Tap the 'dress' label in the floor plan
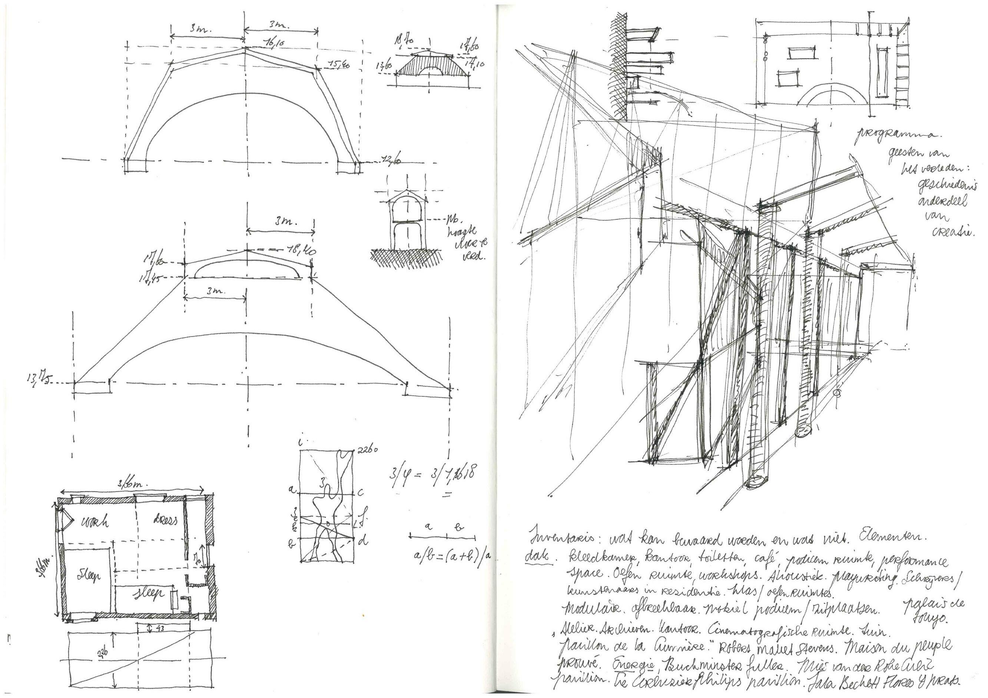pos(165,520)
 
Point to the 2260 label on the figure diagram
pos(368,450)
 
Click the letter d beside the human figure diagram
pos(364,541)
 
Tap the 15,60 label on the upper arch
pos(339,65)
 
